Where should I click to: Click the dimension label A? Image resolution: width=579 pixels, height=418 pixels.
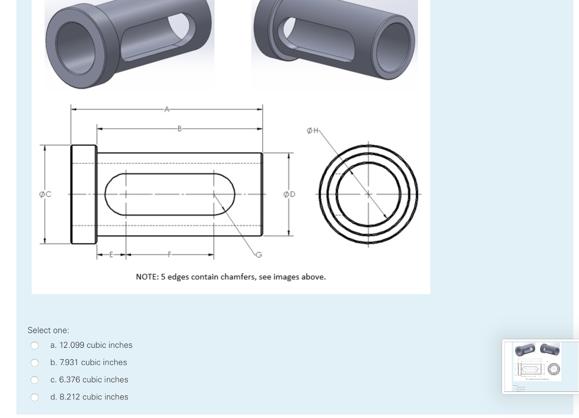(166, 109)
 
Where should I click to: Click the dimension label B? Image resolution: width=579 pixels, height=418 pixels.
(179, 128)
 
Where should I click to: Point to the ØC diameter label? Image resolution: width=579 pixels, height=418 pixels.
(45, 195)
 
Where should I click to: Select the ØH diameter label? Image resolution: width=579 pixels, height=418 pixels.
(312, 131)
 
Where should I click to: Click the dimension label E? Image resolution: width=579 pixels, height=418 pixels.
(111, 255)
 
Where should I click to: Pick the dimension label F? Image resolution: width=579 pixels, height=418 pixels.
(168, 255)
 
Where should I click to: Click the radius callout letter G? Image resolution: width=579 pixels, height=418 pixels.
(259, 255)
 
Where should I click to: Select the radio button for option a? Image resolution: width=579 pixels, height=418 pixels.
(34, 346)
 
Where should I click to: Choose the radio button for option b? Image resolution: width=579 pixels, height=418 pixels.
(34, 363)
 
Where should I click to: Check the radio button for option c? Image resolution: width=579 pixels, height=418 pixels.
(34, 380)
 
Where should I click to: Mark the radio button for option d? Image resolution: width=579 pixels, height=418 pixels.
(34, 397)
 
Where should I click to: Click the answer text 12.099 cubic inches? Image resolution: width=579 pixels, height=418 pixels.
(91, 345)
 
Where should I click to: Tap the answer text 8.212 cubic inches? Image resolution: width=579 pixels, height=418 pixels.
(89, 397)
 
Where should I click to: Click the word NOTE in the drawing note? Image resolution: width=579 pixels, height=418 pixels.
(147, 277)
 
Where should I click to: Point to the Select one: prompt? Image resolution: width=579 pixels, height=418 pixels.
(48, 330)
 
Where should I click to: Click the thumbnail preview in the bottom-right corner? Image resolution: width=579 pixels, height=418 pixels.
(539, 366)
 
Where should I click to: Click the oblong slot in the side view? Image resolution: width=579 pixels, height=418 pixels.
(170, 194)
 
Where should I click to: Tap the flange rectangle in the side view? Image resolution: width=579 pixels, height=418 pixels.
(84, 195)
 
